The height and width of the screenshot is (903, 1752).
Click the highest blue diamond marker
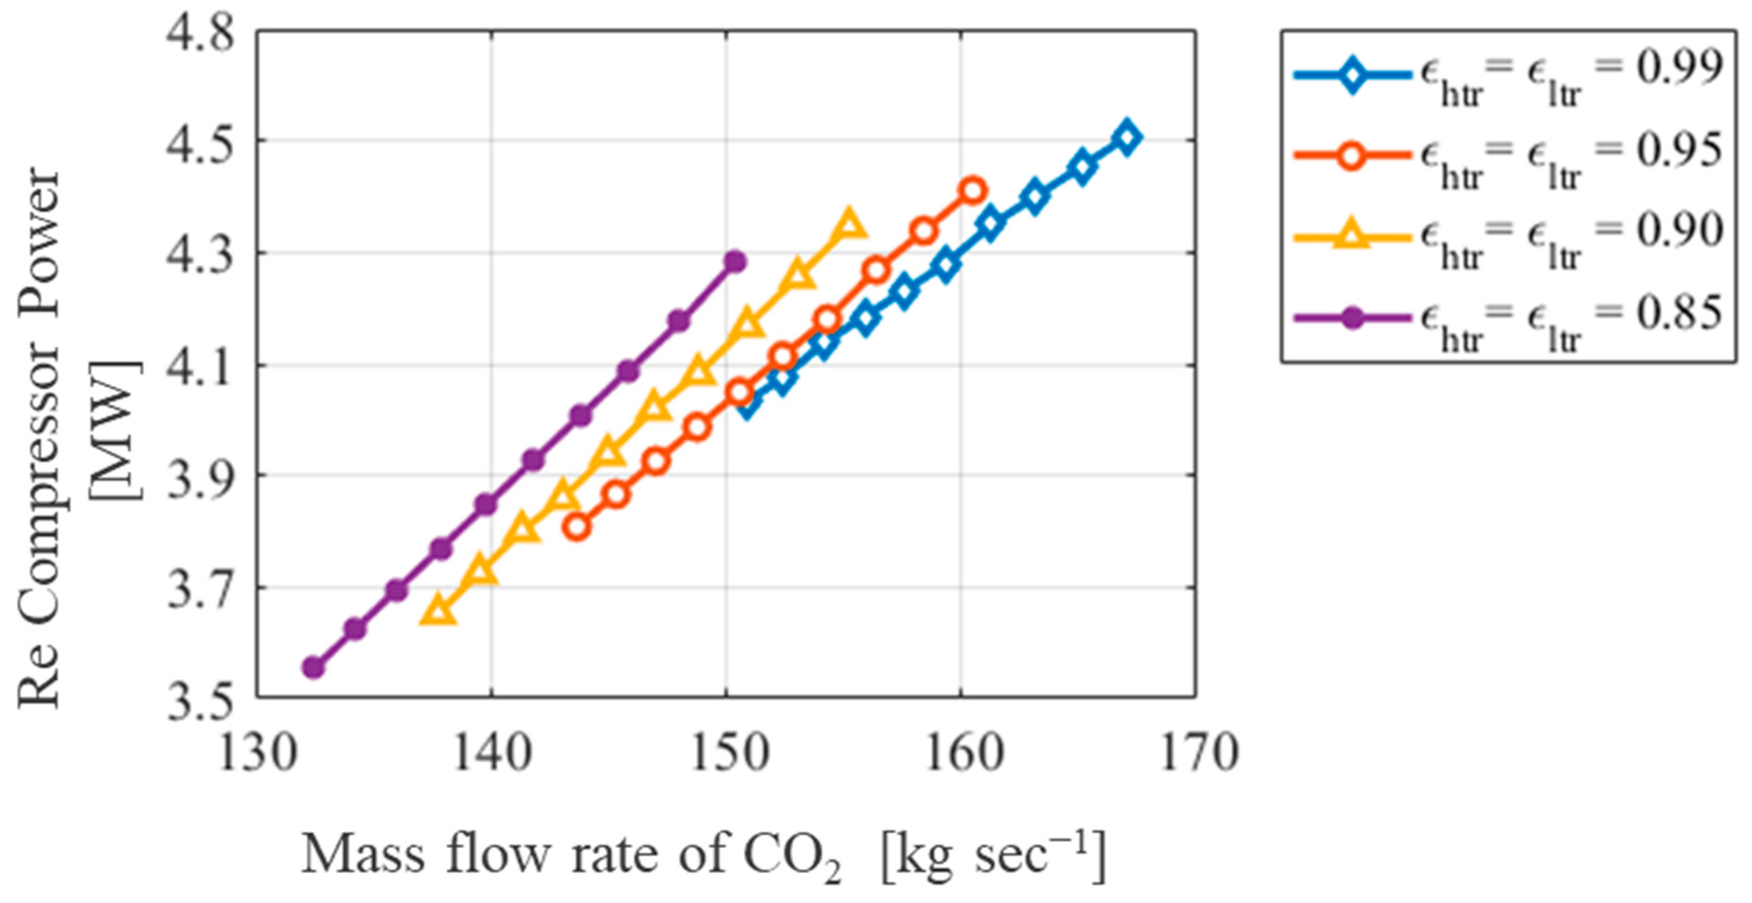click(1126, 137)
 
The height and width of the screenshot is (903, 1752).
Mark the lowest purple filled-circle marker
click(313, 667)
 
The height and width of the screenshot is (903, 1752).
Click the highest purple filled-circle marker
click(734, 262)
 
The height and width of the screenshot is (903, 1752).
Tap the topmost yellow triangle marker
click(849, 224)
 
